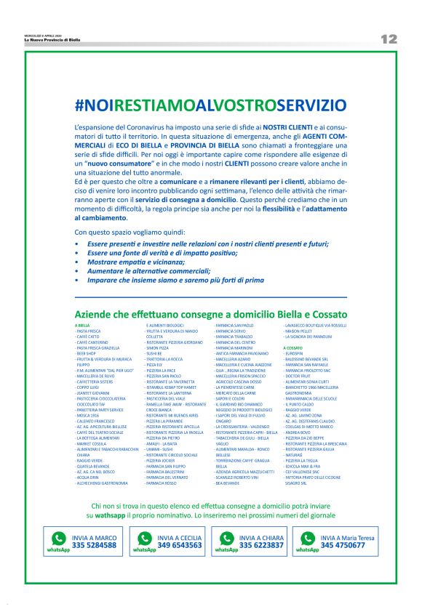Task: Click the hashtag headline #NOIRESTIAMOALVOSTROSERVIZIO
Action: pyautogui.click(x=210, y=106)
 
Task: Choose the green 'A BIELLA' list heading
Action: pyautogui.click(x=82, y=325)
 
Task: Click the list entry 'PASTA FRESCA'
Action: pyautogui.click(x=90, y=331)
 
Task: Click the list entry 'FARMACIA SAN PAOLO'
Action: pyautogui.click(x=234, y=325)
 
